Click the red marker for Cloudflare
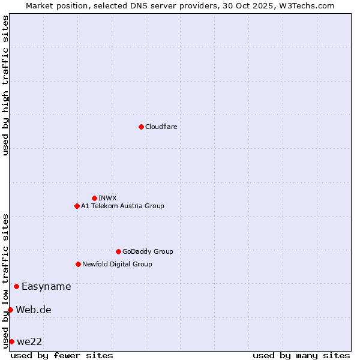141,127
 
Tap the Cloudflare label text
161,127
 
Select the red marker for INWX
94,198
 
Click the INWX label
107,198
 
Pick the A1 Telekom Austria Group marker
77,206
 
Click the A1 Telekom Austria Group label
122,206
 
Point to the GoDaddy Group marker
118,251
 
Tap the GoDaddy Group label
148,252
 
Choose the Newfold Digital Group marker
78,264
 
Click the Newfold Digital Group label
117,264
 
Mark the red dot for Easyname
16,286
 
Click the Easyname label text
46,287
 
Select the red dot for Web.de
10,310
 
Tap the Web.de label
34,310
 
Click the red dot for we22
11,341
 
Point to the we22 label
29,342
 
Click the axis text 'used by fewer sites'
62,355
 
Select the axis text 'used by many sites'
301,355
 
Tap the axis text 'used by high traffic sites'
5,85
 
